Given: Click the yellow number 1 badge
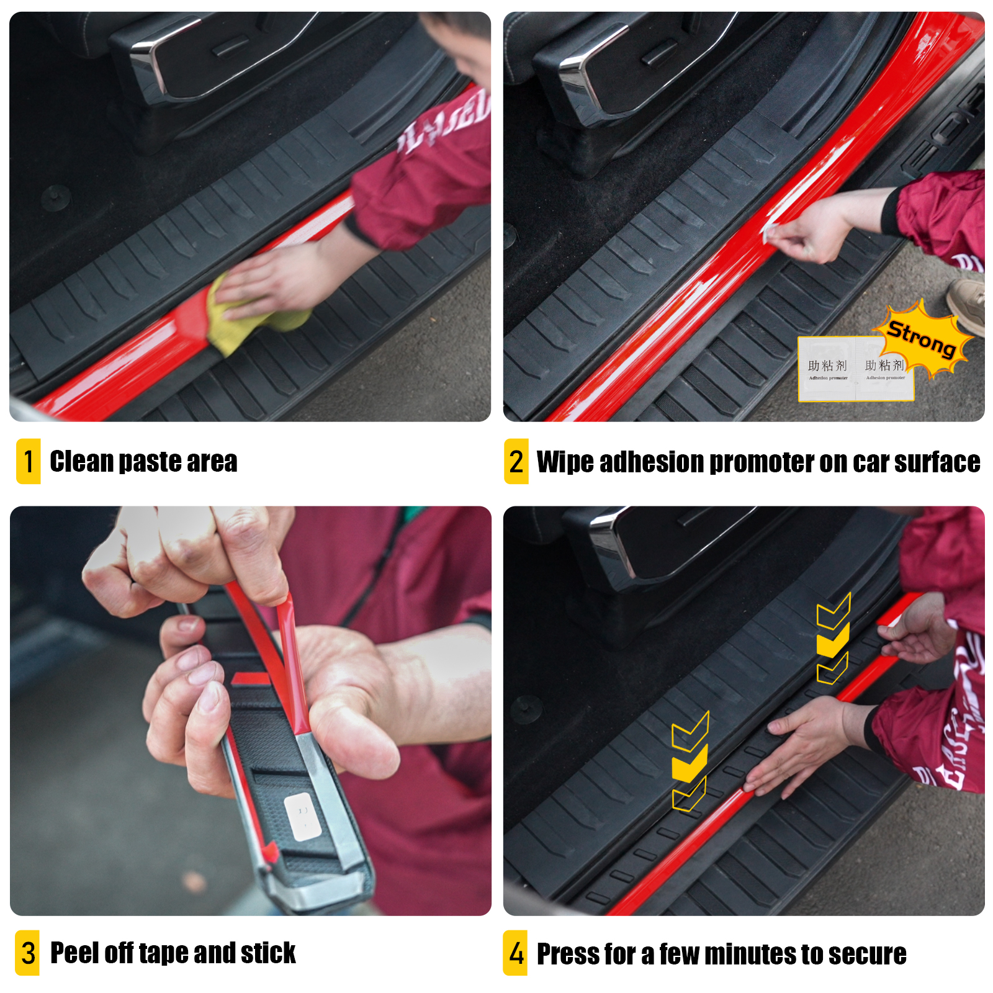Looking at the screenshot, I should pyautogui.click(x=28, y=461).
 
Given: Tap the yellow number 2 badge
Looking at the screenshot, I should pyautogui.click(x=516, y=461).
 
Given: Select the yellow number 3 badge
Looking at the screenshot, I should pyautogui.click(x=27, y=953).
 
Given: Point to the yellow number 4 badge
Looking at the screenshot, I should pyautogui.click(x=515, y=953).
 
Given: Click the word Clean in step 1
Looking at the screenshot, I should pyautogui.click(x=82, y=462).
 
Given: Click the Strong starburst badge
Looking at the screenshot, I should pyautogui.click(x=923, y=338).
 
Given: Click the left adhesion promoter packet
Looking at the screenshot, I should pyautogui.click(x=827, y=370).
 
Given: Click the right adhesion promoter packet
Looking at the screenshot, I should pyautogui.click(x=884, y=370).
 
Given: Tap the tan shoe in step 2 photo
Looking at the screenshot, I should pyautogui.click(x=968, y=304).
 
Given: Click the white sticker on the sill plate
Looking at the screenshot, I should pyautogui.click(x=302, y=817).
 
